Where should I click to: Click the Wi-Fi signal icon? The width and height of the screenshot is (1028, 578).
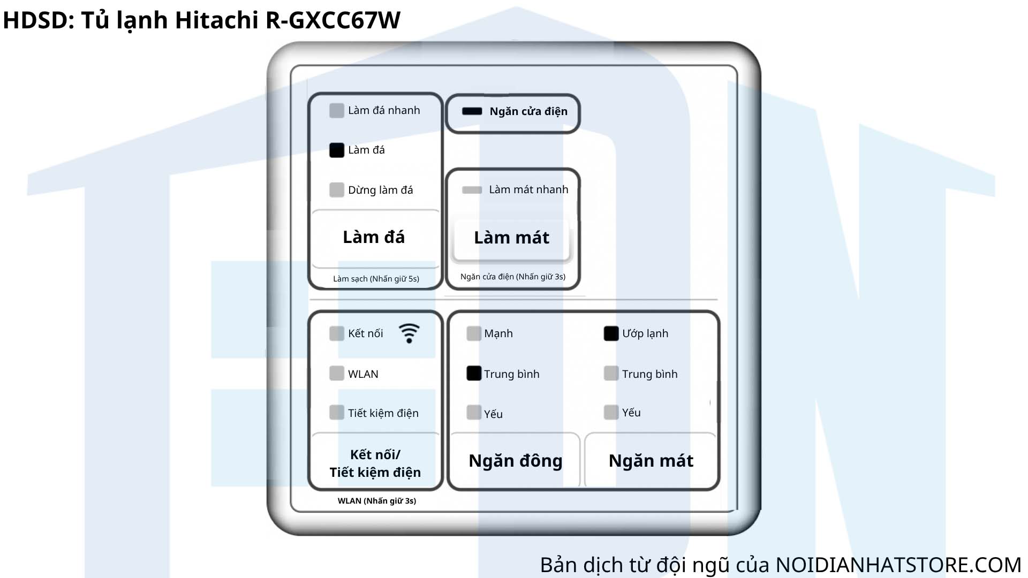(x=409, y=333)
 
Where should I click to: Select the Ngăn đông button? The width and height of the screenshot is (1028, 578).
(x=515, y=460)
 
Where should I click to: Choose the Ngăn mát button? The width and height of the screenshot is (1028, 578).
(x=651, y=460)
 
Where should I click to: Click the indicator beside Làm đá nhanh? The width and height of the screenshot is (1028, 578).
(x=337, y=111)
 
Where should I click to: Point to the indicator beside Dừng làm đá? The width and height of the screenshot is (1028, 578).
(x=337, y=190)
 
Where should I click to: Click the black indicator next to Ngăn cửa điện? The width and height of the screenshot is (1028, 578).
(x=472, y=111)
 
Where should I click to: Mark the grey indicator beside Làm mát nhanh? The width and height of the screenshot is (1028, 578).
(x=472, y=190)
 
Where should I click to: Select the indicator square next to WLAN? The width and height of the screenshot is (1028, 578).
(x=337, y=373)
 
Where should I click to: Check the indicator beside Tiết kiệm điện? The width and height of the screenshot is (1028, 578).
(x=337, y=412)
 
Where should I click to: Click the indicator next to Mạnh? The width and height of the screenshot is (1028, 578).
(x=474, y=333)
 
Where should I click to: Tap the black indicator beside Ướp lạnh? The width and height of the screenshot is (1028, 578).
(x=611, y=333)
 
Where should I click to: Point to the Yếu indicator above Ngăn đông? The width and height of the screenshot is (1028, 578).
(x=474, y=412)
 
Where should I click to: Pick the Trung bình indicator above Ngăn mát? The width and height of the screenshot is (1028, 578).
(x=611, y=373)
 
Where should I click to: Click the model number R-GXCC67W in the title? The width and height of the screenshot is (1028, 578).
(x=333, y=20)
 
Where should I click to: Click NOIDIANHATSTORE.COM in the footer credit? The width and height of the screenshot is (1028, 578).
(x=898, y=565)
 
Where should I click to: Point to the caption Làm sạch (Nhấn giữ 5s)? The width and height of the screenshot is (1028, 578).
(x=376, y=279)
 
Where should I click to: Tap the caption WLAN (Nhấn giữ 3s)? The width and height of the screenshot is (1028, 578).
(x=377, y=501)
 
